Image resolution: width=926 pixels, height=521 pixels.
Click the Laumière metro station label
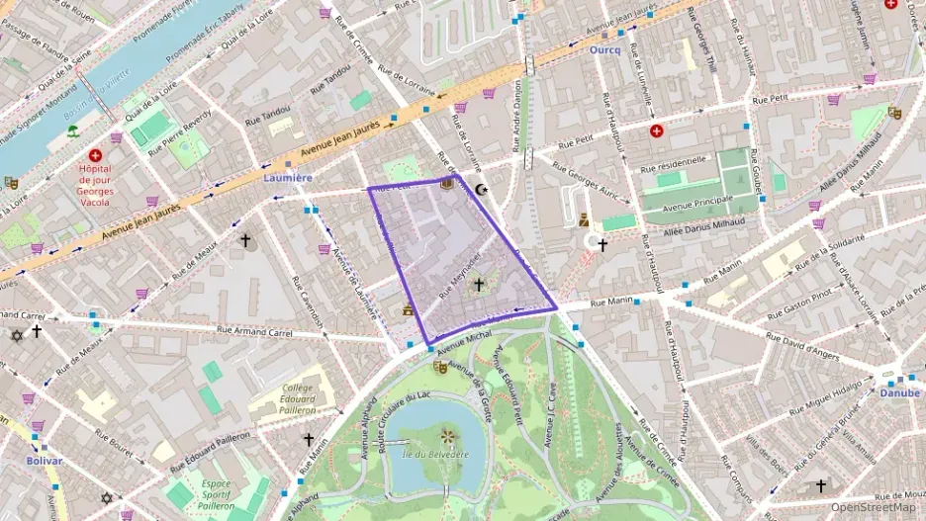click(288, 178)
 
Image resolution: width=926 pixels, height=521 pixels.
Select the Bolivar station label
click(45, 461)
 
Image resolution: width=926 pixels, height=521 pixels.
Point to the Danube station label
click(899, 392)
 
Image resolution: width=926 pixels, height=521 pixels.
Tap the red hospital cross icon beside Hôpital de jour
click(95, 155)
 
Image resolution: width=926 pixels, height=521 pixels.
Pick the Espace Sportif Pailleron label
click(217, 494)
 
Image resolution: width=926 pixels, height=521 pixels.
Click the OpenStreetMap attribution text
click(867, 507)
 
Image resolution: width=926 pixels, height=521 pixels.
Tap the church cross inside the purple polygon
click(479, 285)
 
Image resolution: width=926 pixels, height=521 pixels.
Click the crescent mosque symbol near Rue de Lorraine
click(482, 190)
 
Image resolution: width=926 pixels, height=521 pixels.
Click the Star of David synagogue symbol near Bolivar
click(107, 498)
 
